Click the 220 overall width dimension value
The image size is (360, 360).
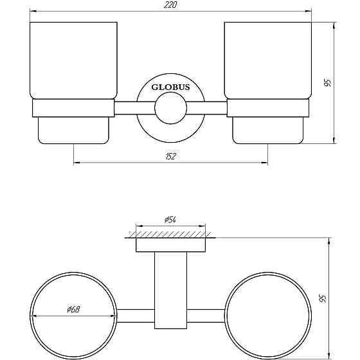170,5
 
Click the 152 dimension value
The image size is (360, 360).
170,156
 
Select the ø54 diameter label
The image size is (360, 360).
170,220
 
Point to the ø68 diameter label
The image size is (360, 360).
73,309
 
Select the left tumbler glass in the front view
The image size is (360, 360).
74,61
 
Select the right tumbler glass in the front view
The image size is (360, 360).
267,61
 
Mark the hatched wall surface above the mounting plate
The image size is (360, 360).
170,233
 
